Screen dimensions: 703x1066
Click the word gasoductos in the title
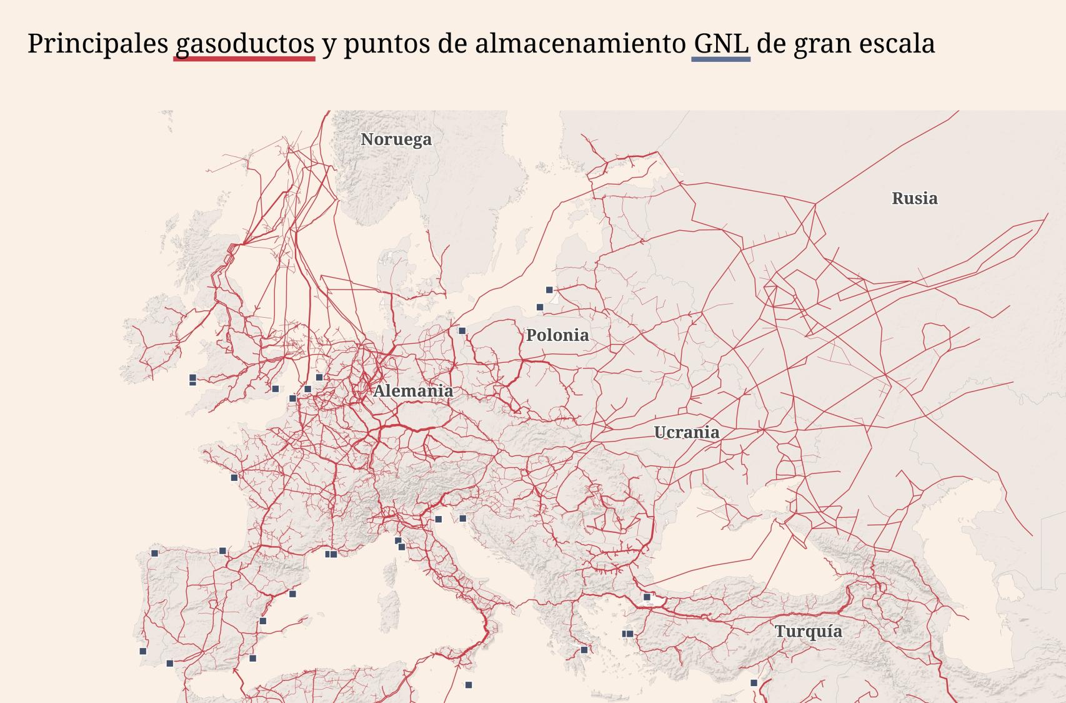click(x=244, y=43)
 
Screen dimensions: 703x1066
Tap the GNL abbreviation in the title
click(x=721, y=43)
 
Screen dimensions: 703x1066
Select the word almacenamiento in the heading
click(x=580, y=43)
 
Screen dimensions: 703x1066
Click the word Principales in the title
click(x=98, y=43)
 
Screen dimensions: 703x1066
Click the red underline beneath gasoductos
click(x=244, y=59)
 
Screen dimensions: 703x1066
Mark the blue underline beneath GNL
click(x=721, y=59)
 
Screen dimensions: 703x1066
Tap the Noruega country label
click(x=396, y=139)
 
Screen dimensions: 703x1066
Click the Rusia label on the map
click(x=914, y=198)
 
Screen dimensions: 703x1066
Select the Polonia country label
click(x=557, y=335)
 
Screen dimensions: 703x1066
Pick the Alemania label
click(x=413, y=391)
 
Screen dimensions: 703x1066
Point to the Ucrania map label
click(x=686, y=432)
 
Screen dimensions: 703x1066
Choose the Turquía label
click(x=809, y=631)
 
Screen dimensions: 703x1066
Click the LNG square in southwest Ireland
click(x=192, y=378)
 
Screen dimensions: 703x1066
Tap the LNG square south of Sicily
click(x=469, y=685)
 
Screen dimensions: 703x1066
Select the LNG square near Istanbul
click(x=647, y=597)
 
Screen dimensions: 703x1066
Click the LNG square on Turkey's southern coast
click(x=754, y=683)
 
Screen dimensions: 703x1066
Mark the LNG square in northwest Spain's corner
click(x=155, y=553)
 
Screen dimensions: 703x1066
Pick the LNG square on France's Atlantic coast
click(x=234, y=477)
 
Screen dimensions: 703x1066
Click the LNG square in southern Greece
click(x=584, y=650)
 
